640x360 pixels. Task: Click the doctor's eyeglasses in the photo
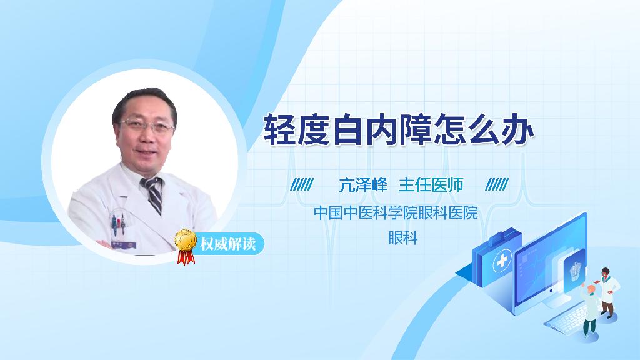click(x=147, y=125)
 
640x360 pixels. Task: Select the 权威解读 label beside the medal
click(x=227, y=244)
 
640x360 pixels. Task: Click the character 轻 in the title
click(x=280, y=129)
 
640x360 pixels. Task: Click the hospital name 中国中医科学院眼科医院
click(x=395, y=213)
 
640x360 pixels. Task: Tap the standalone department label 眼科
click(x=402, y=238)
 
